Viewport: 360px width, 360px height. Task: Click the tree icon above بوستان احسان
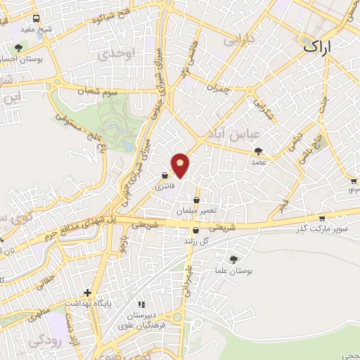pos(18,48)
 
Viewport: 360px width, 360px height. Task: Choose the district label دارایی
pos(238,41)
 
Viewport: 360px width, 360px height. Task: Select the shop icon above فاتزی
pos(164,176)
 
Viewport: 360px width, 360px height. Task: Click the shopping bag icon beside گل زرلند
pos(195,230)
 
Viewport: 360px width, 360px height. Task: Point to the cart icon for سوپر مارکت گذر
pos(322,218)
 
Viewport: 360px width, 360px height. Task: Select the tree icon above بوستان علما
pos(233,259)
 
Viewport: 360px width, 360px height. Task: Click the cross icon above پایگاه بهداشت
pos(87,292)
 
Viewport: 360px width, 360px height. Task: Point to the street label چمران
pos(218,88)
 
